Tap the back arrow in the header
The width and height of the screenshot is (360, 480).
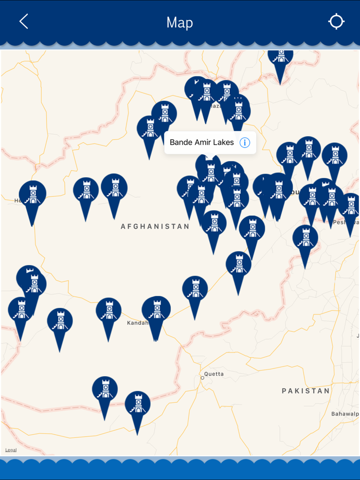click(x=23, y=22)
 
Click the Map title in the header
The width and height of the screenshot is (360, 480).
click(x=179, y=22)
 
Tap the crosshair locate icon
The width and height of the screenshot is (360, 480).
click(x=336, y=22)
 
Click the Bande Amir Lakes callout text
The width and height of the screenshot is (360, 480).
click(x=202, y=142)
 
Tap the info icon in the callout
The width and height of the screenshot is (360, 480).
click(x=245, y=143)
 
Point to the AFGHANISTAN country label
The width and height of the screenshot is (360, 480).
click(x=155, y=226)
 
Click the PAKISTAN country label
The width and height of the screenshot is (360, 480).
click(x=305, y=391)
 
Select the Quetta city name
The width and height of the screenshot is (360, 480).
click(x=214, y=374)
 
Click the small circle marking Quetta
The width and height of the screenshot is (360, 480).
click(x=203, y=378)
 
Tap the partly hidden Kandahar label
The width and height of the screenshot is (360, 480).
click(x=137, y=323)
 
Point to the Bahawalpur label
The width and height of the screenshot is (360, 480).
click(x=345, y=413)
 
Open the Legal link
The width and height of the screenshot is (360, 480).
click(x=11, y=450)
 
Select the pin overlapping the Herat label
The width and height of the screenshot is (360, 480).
click(x=32, y=196)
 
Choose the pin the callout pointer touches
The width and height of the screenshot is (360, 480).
click(x=210, y=168)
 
